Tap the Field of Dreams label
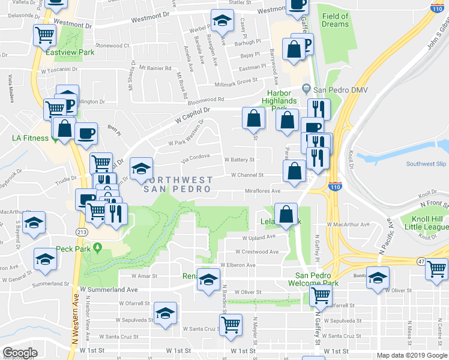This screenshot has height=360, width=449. point(335,20)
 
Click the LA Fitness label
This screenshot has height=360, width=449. point(29,137)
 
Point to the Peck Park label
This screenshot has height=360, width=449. point(73,248)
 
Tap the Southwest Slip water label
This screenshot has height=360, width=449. point(426,164)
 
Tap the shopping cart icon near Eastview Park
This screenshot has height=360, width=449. point(44,35)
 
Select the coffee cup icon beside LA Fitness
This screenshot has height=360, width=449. point(86,132)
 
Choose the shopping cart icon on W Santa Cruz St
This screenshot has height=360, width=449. point(231,325)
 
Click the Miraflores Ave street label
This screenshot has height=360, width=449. point(262,191)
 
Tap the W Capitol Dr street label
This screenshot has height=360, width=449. point(193,113)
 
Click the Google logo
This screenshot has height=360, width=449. point(20,353)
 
